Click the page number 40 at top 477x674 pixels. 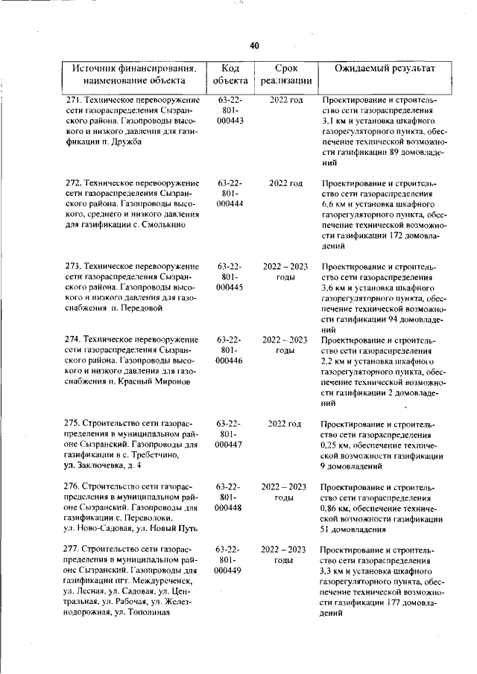point(254,46)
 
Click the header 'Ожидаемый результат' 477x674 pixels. point(377,68)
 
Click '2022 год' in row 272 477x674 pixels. point(285,183)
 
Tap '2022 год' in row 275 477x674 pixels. point(285,423)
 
